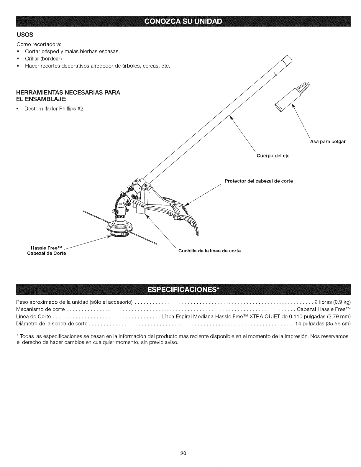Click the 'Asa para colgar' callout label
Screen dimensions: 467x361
pos(327,142)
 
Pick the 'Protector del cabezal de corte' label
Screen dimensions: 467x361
pos(259,181)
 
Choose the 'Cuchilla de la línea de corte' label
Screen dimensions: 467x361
pos(209,251)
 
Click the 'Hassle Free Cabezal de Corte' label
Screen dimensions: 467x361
pos(47,251)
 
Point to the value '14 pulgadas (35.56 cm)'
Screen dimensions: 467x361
pos(325,323)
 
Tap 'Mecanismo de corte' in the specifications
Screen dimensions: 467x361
pos(40,309)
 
